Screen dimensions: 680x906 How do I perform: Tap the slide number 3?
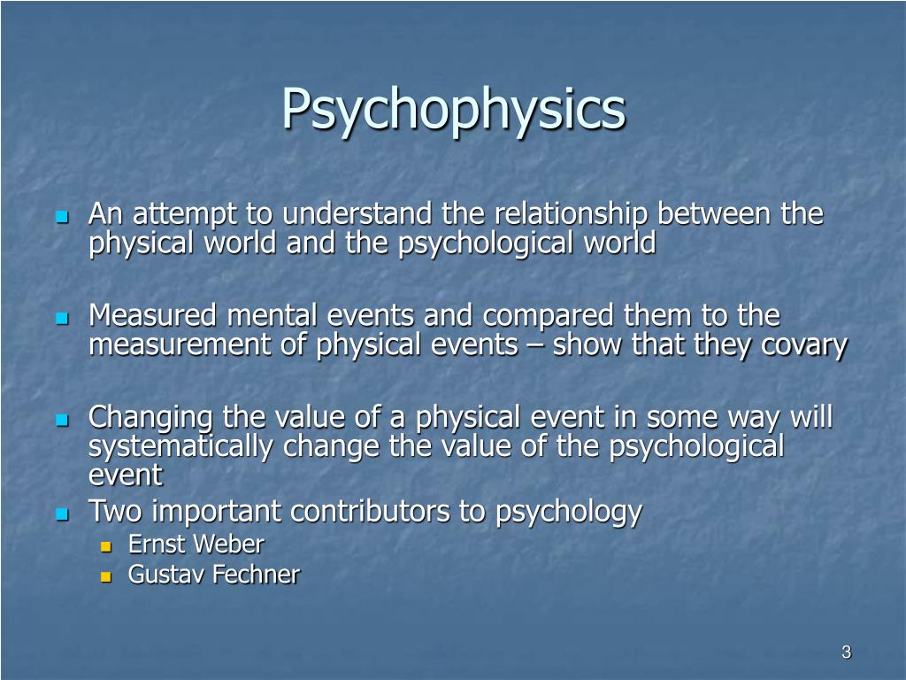[846, 653]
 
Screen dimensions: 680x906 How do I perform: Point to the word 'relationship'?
[571, 215]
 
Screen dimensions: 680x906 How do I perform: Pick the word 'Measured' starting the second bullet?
[152, 316]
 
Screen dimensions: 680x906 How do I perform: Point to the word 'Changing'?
[151, 417]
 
